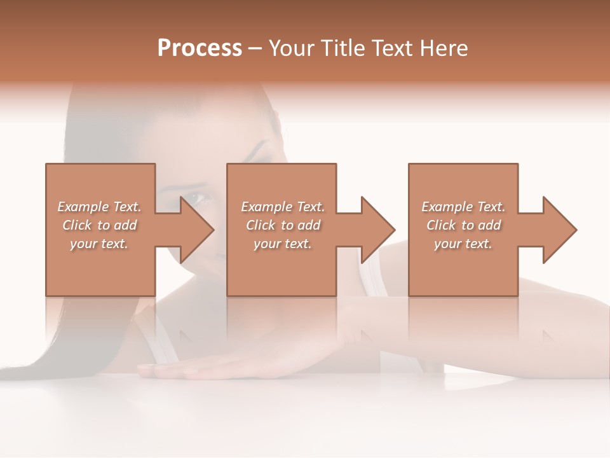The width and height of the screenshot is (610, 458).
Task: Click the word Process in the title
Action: coord(200,48)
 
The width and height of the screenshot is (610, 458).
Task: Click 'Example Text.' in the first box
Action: coord(99,207)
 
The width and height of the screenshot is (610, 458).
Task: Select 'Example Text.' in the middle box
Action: coord(283,207)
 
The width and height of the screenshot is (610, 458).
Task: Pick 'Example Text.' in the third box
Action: coord(463,207)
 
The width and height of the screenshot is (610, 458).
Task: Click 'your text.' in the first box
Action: coord(99,244)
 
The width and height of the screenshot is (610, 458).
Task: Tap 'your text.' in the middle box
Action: coord(283,244)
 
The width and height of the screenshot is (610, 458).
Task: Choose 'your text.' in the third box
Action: coord(463,244)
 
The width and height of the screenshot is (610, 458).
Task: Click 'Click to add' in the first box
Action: coord(99,225)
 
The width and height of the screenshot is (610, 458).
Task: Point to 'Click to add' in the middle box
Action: coord(283,225)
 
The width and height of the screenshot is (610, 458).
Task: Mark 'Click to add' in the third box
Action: coord(463,225)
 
